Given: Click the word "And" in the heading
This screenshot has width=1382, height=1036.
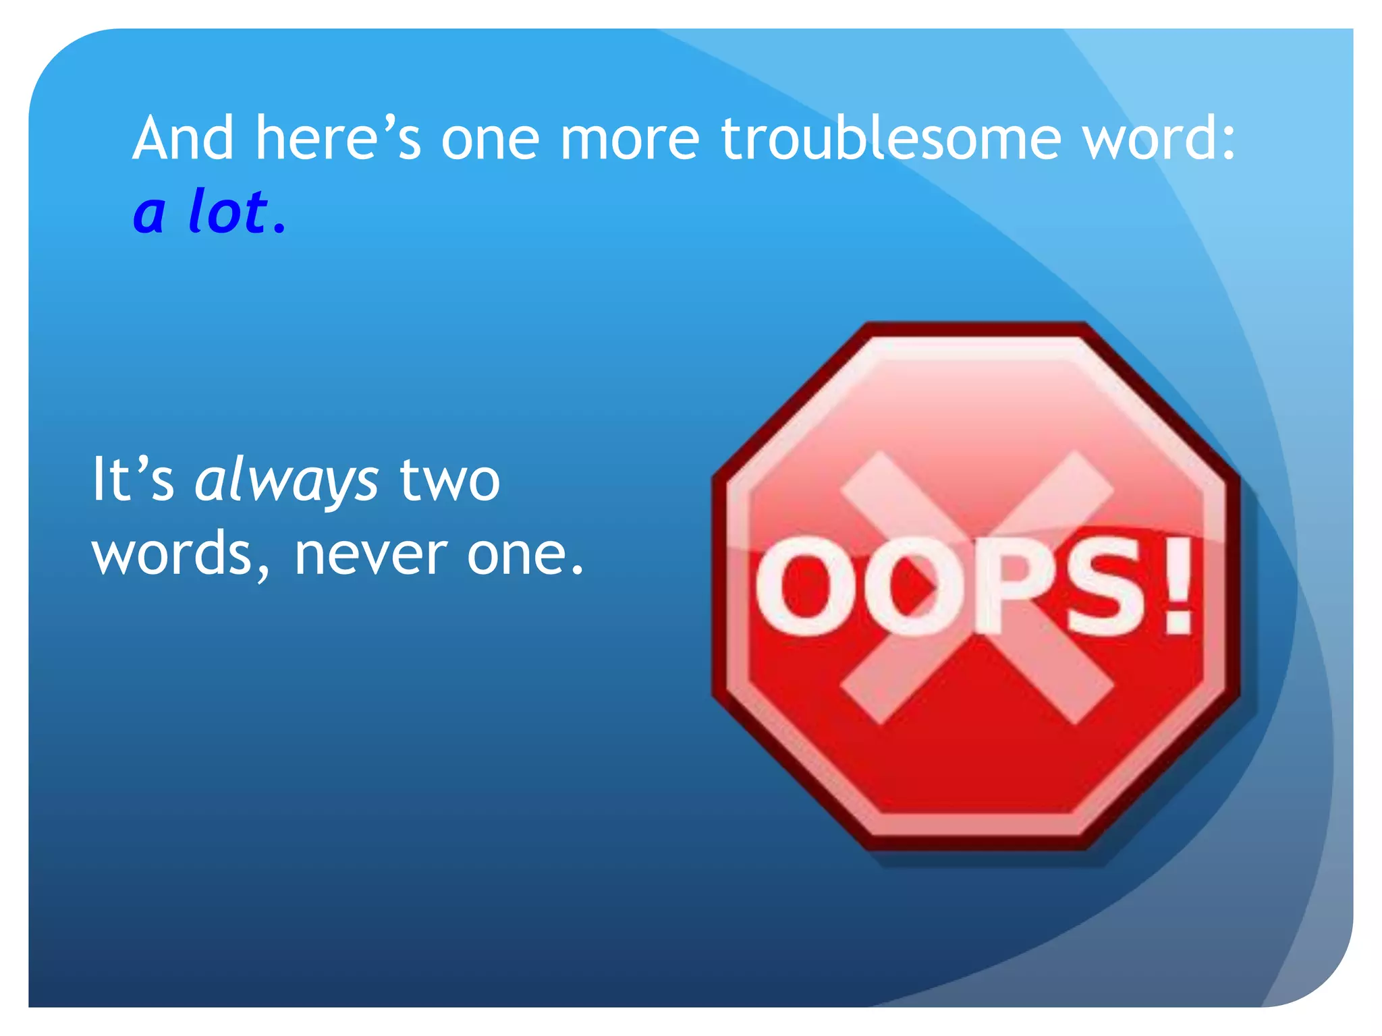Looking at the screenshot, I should tap(183, 138).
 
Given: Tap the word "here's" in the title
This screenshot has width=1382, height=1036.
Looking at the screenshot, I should tap(337, 138).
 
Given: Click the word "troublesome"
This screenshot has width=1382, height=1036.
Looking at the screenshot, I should tap(890, 138).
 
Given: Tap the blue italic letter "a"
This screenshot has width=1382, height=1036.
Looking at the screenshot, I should tap(149, 214).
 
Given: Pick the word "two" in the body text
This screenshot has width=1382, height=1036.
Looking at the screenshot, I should tap(449, 480).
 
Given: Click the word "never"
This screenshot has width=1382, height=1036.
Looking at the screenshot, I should tap(370, 554).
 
